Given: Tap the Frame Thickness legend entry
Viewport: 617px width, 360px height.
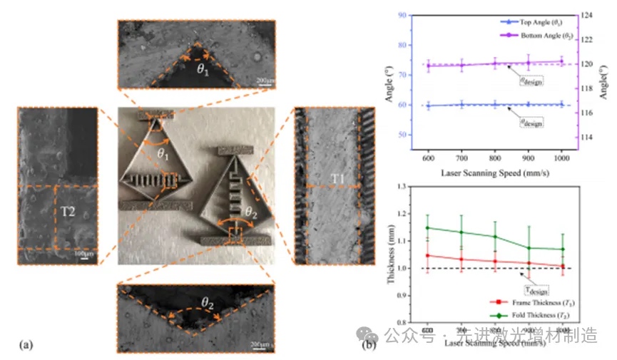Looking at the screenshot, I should coord(541,303).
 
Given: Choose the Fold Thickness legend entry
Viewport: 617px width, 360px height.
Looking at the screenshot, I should coord(541,314).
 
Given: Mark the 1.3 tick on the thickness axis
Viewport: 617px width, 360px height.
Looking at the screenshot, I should coord(409,187).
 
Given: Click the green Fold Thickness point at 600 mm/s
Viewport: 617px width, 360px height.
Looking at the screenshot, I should coord(428,228).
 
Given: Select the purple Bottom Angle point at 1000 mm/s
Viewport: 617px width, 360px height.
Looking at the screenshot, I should coord(561,61).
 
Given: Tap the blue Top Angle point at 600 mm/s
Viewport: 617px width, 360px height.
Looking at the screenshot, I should coord(428,106).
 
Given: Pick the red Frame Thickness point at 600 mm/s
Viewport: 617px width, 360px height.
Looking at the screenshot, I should coord(428,255).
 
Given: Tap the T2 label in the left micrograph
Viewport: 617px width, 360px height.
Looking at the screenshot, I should coord(64,211).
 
